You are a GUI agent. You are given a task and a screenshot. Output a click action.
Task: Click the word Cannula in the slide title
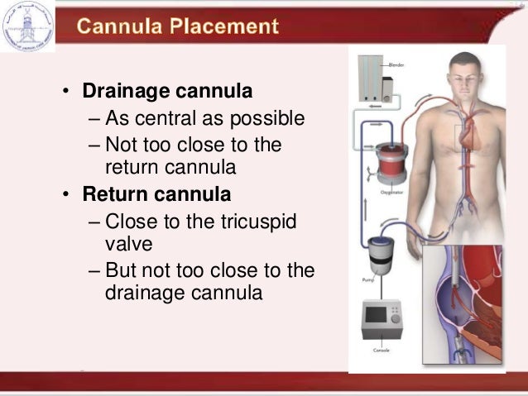pos(121,26)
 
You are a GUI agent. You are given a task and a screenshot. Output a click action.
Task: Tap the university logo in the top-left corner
pos(27,25)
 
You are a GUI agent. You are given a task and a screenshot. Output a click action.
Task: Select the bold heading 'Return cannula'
pos(156,195)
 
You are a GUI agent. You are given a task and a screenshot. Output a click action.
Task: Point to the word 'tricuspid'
pos(260,223)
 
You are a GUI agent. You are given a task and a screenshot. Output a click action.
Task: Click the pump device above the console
pos(382,253)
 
